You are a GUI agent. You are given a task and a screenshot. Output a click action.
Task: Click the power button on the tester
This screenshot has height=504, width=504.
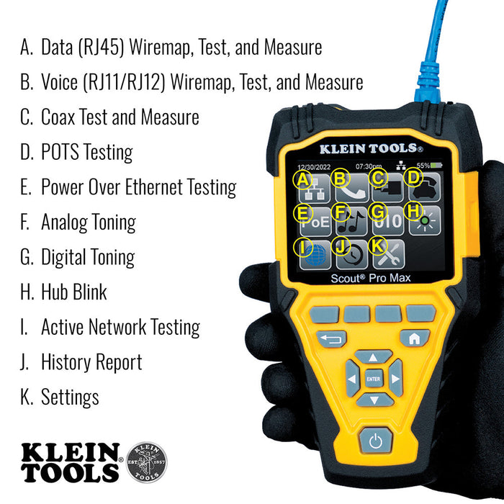point(374,440)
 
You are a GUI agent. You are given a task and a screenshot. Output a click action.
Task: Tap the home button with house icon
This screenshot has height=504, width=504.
point(415,338)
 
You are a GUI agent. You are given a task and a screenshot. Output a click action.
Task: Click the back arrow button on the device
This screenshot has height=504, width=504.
point(331,338)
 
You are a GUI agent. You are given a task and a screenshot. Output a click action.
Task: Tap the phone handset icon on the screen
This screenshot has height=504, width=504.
point(352,187)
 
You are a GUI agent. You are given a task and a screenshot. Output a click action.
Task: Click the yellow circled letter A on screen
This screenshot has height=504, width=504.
point(305,179)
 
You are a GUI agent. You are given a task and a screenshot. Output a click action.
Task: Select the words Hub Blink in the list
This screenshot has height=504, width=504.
point(73,292)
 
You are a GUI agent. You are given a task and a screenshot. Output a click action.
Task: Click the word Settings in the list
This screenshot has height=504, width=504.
point(70,397)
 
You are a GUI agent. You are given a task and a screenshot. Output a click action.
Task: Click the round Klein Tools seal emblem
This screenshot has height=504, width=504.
point(146,462)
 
